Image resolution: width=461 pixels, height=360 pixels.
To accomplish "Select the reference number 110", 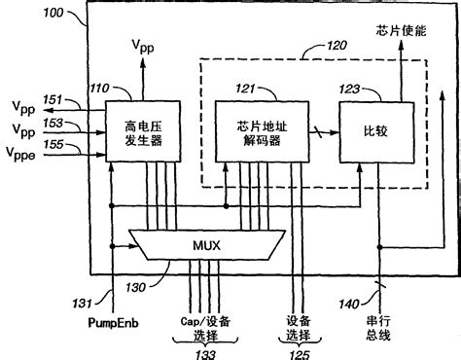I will [x=96, y=89].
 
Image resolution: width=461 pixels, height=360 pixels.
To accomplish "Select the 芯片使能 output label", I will [x=400, y=30].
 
